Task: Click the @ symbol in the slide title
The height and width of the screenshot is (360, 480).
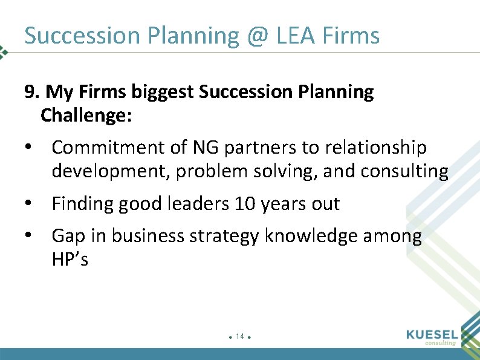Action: [258, 36]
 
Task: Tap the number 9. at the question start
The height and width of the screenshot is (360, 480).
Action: [32, 93]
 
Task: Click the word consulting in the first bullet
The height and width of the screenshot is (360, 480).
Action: [404, 172]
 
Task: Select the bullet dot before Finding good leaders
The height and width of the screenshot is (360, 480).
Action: [28, 205]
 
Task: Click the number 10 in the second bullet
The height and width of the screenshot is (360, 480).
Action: [245, 205]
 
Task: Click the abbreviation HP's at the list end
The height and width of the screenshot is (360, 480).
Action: [70, 260]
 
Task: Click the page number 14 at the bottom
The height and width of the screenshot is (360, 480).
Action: [240, 336]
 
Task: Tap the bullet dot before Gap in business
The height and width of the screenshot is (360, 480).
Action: [28, 236]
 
